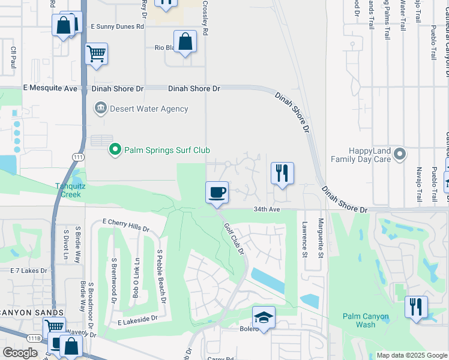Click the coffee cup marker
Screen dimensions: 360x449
pos(217,193)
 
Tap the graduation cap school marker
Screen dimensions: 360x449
pos(263,317)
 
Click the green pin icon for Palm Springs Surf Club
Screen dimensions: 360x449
pos(114,149)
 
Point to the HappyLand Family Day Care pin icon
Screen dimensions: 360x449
pos(400,156)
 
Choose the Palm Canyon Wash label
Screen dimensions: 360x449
pos(366,320)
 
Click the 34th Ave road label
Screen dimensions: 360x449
pos(267,209)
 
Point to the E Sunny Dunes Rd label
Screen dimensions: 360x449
pos(117,27)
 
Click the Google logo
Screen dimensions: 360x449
pos(20,353)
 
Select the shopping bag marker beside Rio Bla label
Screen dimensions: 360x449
pos(185,42)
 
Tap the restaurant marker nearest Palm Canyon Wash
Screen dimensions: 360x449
pos(416,307)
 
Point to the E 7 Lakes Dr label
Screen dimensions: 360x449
pos(28,271)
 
